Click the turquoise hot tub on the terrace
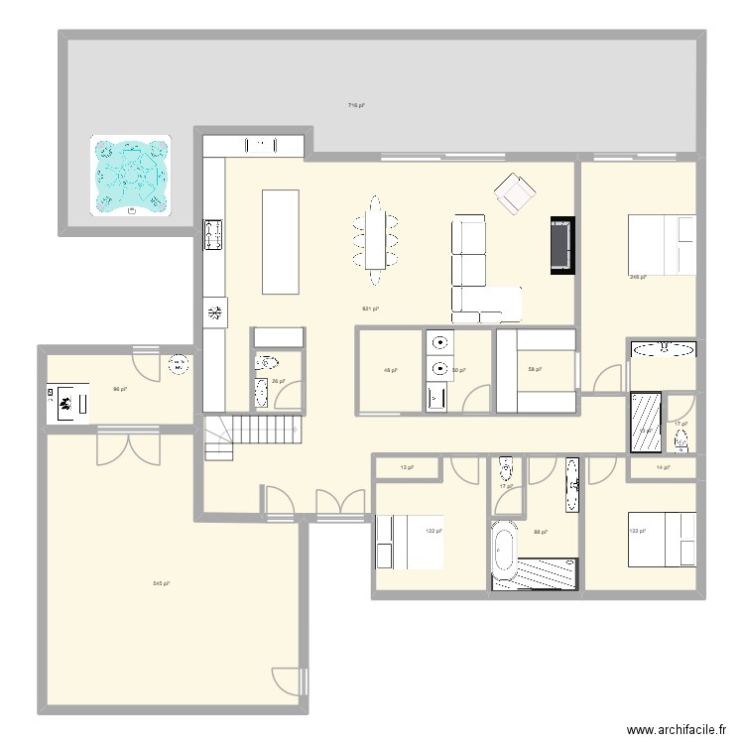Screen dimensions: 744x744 (x=130, y=176)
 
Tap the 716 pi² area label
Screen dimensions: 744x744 (x=354, y=104)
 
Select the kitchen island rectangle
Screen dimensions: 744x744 (x=280, y=242)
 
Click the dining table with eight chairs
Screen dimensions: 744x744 (x=374, y=234)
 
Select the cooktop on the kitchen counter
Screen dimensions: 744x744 (x=213, y=235)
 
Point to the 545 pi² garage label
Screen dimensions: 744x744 (x=160, y=583)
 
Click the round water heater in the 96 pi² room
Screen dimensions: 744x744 (x=179, y=364)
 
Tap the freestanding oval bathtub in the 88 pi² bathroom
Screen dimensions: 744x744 (x=504, y=550)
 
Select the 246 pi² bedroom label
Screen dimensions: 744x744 (x=638, y=278)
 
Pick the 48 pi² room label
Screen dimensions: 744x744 (x=390, y=371)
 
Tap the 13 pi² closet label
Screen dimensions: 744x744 (x=406, y=467)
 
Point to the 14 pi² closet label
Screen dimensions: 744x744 (x=664, y=467)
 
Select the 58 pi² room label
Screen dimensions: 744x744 (x=533, y=370)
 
